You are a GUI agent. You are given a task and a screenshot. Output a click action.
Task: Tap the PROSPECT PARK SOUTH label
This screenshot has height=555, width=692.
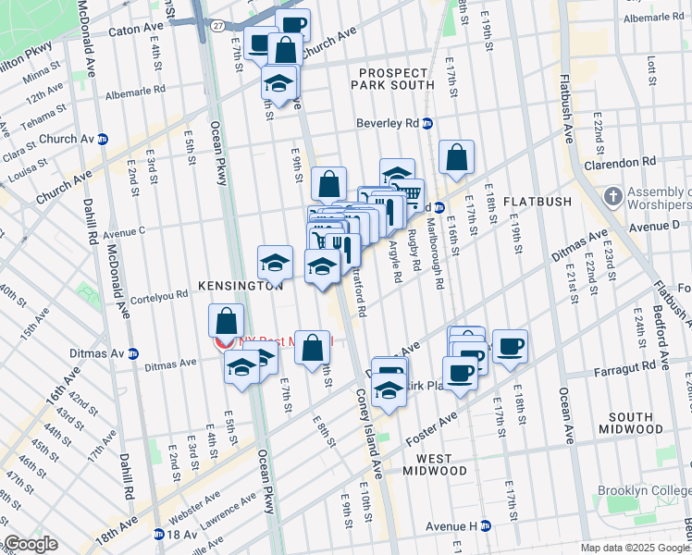[393, 80]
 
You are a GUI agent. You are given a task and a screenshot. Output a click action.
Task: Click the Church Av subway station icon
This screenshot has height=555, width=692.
[104, 139]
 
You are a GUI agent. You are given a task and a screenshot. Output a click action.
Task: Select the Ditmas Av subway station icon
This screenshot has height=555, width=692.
[133, 353]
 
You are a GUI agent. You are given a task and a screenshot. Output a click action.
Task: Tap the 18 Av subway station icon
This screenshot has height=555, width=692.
[157, 535]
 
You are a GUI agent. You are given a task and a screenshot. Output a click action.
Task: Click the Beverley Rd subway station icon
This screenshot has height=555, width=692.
[427, 123]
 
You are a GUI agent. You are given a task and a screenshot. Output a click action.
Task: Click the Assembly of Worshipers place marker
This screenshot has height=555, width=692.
[612, 196]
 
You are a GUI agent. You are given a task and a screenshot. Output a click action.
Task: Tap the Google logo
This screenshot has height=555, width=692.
[31, 544]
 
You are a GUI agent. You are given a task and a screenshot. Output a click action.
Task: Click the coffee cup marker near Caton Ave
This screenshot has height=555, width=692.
[292, 25]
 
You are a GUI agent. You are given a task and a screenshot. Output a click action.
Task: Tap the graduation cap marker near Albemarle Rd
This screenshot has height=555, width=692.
[278, 82]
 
